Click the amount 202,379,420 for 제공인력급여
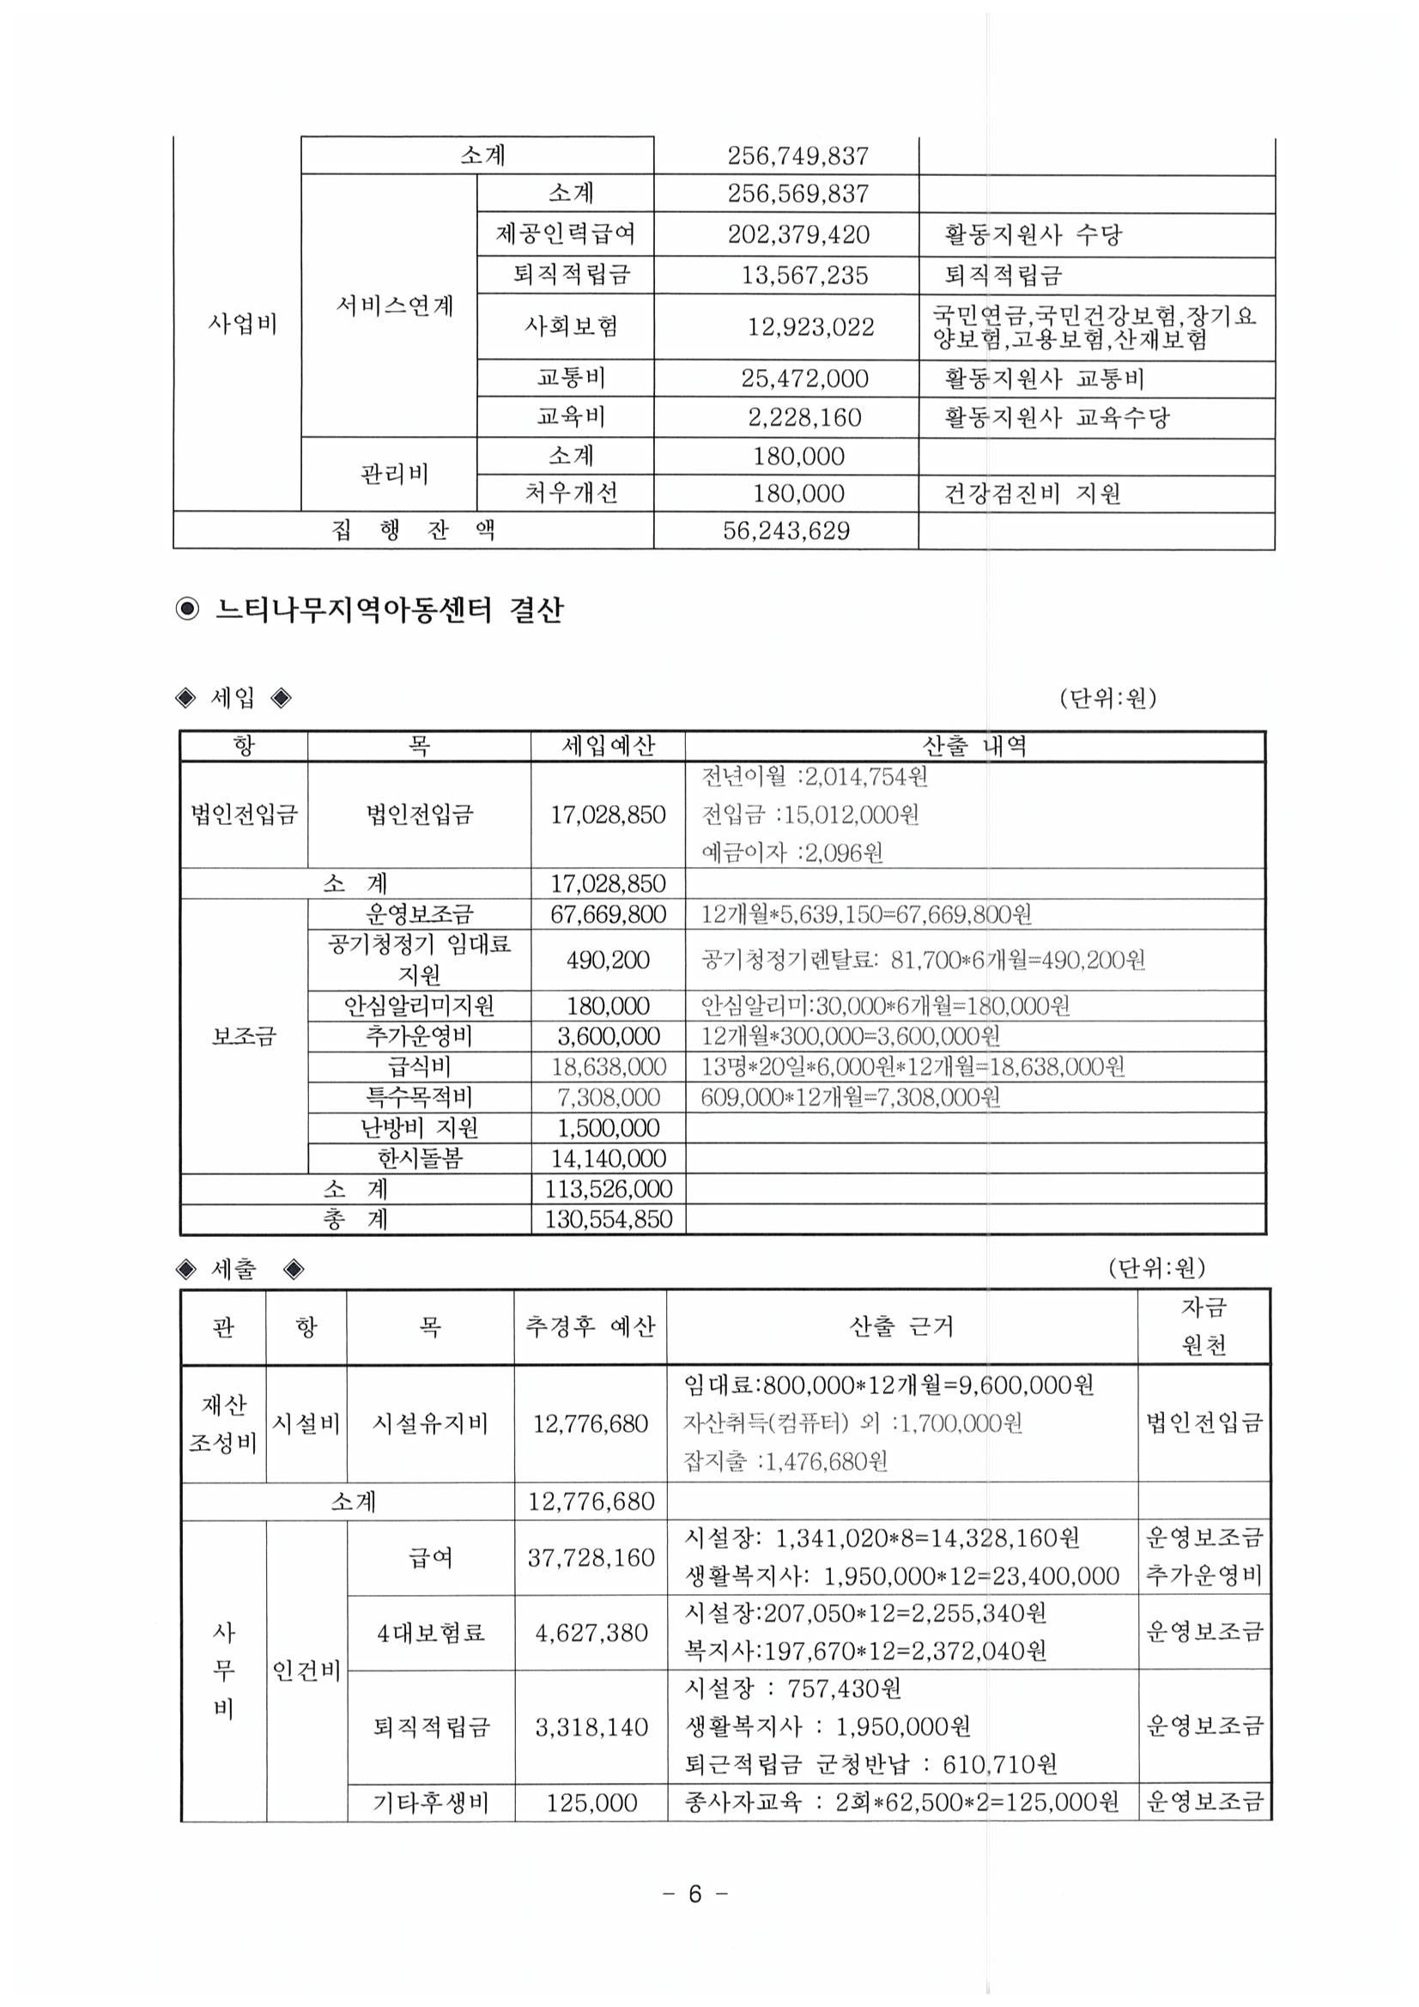(x=797, y=234)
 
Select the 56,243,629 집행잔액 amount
(x=785, y=531)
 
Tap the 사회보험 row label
(x=571, y=326)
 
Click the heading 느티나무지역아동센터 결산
(x=389, y=609)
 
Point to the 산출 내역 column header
(x=975, y=746)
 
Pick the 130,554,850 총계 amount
(x=608, y=1219)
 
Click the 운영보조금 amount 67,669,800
(x=608, y=914)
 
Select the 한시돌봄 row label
(x=420, y=1158)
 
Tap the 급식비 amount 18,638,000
(x=608, y=1066)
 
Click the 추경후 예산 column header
(x=589, y=1326)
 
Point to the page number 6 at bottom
(x=695, y=1894)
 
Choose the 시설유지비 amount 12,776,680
(x=590, y=1423)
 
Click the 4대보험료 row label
(x=430, y=1632)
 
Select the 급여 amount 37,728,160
(x=590, y=1557)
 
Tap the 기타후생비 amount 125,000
(x=591, y=1802)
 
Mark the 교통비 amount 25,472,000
(x=804, y=379)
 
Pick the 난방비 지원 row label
(x=420, y=1128)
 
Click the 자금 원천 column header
(x=1203, y=1326)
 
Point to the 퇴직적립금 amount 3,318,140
(x=591, y=1726)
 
